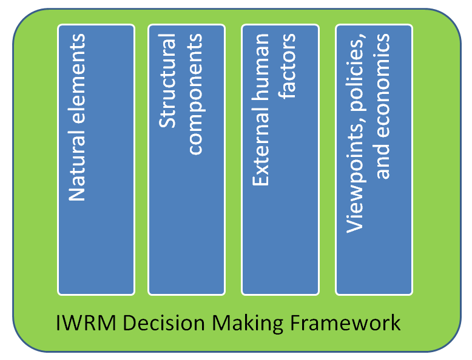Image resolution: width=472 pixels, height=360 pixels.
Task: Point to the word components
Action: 195,94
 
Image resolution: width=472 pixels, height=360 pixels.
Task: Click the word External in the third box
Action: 261,152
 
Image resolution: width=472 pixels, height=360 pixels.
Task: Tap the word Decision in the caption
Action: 160,322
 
